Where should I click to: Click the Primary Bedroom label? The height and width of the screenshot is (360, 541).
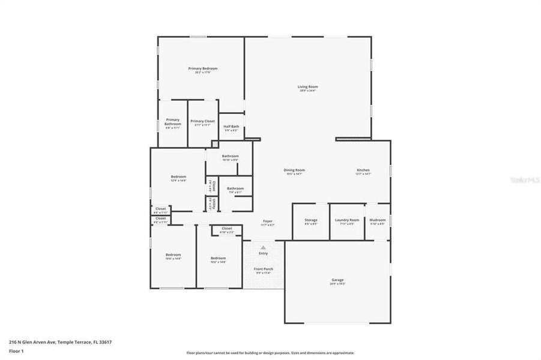tap(202, 69)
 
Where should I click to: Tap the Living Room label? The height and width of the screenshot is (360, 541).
tap(307, 87)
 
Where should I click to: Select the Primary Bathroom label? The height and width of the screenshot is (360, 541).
tap(173, 122)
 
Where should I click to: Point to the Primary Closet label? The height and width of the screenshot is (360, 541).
tap(202, 121)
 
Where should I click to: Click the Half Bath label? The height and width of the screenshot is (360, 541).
tap(231, 127)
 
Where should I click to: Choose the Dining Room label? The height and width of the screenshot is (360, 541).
tap(294, 170)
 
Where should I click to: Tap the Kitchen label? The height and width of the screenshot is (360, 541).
tap(363, 170)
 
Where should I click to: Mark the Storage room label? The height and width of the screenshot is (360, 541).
tap(310, 220)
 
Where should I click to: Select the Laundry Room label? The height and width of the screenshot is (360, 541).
tap(347, 220)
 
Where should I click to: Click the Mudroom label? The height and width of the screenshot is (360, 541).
tap(378, 220)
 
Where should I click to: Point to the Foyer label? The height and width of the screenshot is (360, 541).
tap(268, 221)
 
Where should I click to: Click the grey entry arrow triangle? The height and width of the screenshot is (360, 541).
tap(263, 247)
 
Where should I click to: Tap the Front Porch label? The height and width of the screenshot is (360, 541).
tap(263, 269)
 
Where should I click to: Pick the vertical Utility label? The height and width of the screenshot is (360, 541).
tap(214, 203)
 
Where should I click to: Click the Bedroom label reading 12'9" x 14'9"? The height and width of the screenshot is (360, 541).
tap(178, 176)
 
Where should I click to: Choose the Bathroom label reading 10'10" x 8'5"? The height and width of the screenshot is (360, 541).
tap(230, 157)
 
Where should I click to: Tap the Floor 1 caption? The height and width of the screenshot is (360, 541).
tap(16, 351)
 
